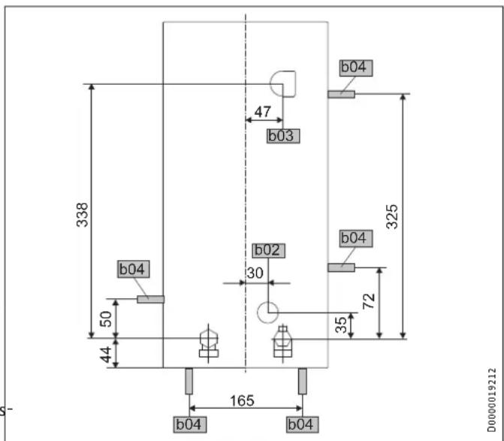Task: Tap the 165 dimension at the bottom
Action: point(242,400)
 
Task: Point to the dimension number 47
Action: point(262,112)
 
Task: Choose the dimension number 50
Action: point(107,319)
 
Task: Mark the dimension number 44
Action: point(107,353)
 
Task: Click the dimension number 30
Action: point(255,273)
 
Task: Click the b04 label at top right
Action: point(355,67)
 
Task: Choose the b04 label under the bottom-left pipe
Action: point(189,425)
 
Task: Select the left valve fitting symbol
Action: point(208,343)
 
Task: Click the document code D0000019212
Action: point(491,400)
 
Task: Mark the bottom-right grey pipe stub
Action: point(302,382)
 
